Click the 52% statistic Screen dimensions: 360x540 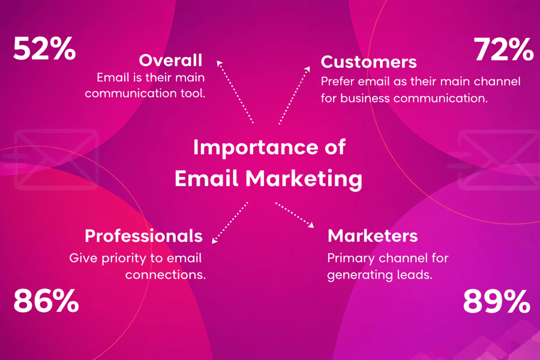point(44,49)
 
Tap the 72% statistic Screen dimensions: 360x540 point(503,50)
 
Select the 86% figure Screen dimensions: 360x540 point(46,301)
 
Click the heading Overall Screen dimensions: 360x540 point(170,61)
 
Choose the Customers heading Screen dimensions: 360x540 point(368,61)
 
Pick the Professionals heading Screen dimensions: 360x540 point(143,236)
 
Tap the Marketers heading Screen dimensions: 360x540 point(373,236)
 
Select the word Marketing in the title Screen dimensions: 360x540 point(305,179)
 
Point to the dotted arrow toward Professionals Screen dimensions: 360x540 point(230,223)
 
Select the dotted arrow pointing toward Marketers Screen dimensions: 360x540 point(295,215)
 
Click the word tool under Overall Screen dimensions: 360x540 point(194,94)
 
